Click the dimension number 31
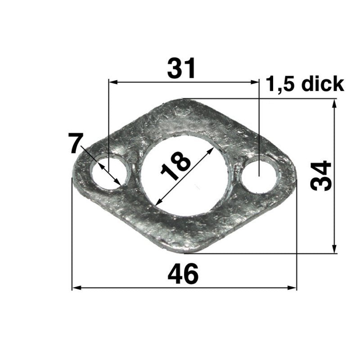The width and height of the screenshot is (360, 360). pyautogui.click(x=181, y=68)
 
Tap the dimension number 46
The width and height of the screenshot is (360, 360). pyautogui.click(x=183, y=274)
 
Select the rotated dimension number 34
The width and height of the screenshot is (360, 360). pyautogui.click(x=321, y=175)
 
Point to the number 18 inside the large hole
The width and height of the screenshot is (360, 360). pyautogui.click(x=175, y=166)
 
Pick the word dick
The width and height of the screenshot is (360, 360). pyautogui.click(x=323, y=84)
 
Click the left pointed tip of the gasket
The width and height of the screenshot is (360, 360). pyautogui.click(x=73, y=175)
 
